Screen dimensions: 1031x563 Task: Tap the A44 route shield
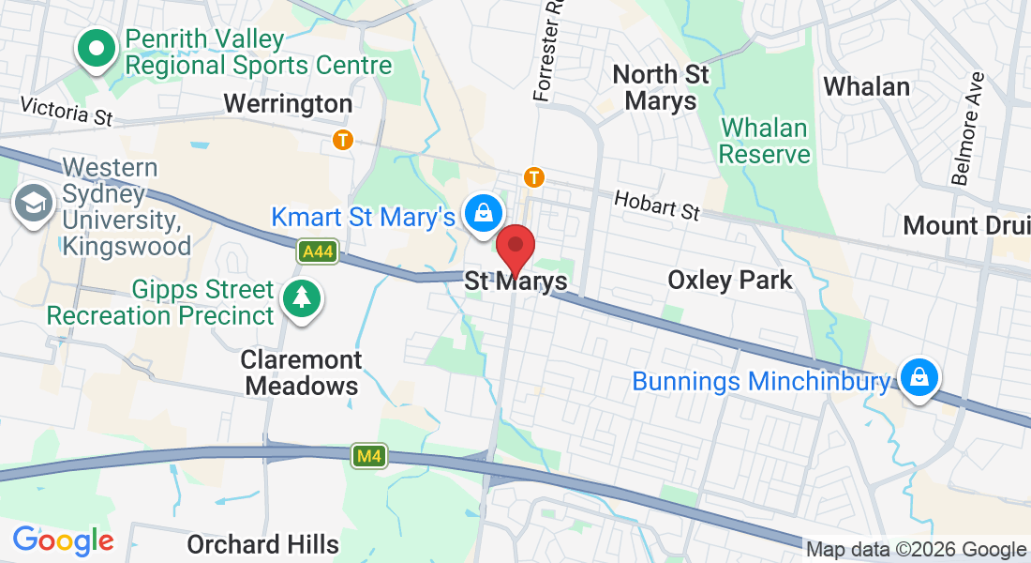[318, 251]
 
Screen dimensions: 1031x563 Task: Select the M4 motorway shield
[369, 457]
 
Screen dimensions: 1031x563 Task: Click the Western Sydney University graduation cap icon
[34, 203]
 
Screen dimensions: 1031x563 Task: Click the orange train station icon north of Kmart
[534, 176]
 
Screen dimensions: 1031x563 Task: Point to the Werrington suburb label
[288, 103]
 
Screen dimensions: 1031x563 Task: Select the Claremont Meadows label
[300, 373]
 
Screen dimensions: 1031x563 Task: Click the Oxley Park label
[729, 280]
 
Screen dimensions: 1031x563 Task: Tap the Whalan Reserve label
[764, 141]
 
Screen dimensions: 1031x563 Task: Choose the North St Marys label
[660, 87]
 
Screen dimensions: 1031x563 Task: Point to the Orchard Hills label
[262, 544]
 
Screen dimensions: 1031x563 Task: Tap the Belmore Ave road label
[966, 128]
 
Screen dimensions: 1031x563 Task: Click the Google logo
[63, 540]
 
